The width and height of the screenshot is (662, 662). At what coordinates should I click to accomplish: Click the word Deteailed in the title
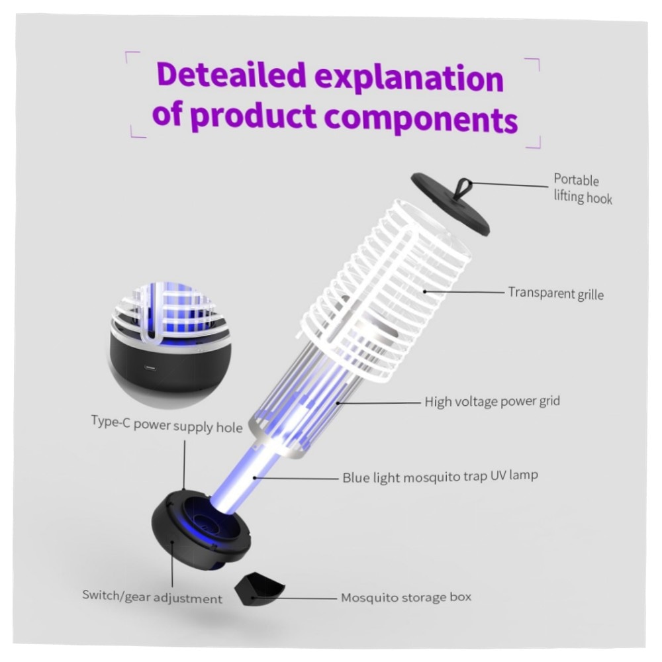coord(231,75)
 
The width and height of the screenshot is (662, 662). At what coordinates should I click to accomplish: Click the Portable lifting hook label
coord(583,189)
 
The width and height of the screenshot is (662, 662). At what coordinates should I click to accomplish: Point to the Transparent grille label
coord(555,293)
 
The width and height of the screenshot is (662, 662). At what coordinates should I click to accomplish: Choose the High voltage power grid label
coord(493,401)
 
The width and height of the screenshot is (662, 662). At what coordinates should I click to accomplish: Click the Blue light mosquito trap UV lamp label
coord(440,477)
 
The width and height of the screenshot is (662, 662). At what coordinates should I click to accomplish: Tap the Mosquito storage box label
coord(406,597)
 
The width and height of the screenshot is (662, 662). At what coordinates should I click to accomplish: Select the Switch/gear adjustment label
coord(152,596)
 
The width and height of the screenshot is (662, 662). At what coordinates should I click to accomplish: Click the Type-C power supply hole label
coord(167,425)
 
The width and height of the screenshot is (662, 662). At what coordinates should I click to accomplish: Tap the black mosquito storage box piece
coord(258,587)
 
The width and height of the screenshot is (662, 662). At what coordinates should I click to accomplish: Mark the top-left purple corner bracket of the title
coord(132,56)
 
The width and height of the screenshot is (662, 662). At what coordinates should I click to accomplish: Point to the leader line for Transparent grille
coord(465,291)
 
